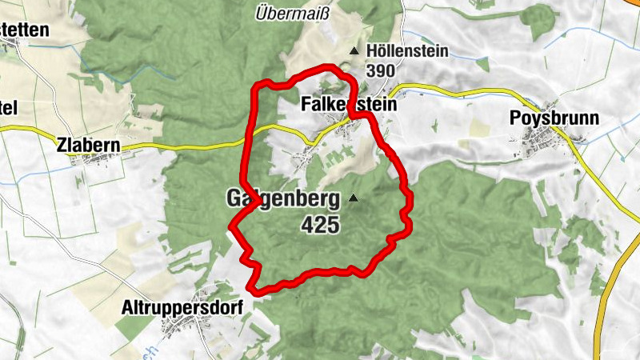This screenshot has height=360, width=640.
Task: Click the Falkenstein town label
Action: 349,105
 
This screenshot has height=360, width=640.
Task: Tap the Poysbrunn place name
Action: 554,119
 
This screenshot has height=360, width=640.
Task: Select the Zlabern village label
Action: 88,146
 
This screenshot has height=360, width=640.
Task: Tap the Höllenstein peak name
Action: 407,52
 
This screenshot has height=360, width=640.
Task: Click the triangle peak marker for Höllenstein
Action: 354,52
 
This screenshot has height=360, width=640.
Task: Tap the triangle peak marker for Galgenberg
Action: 353,197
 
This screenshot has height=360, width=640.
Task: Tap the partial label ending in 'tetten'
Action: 24,30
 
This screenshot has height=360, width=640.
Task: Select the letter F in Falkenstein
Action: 306,105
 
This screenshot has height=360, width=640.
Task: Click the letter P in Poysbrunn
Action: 515,119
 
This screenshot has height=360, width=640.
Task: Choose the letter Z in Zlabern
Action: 62,146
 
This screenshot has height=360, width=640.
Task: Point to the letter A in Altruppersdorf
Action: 127,306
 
